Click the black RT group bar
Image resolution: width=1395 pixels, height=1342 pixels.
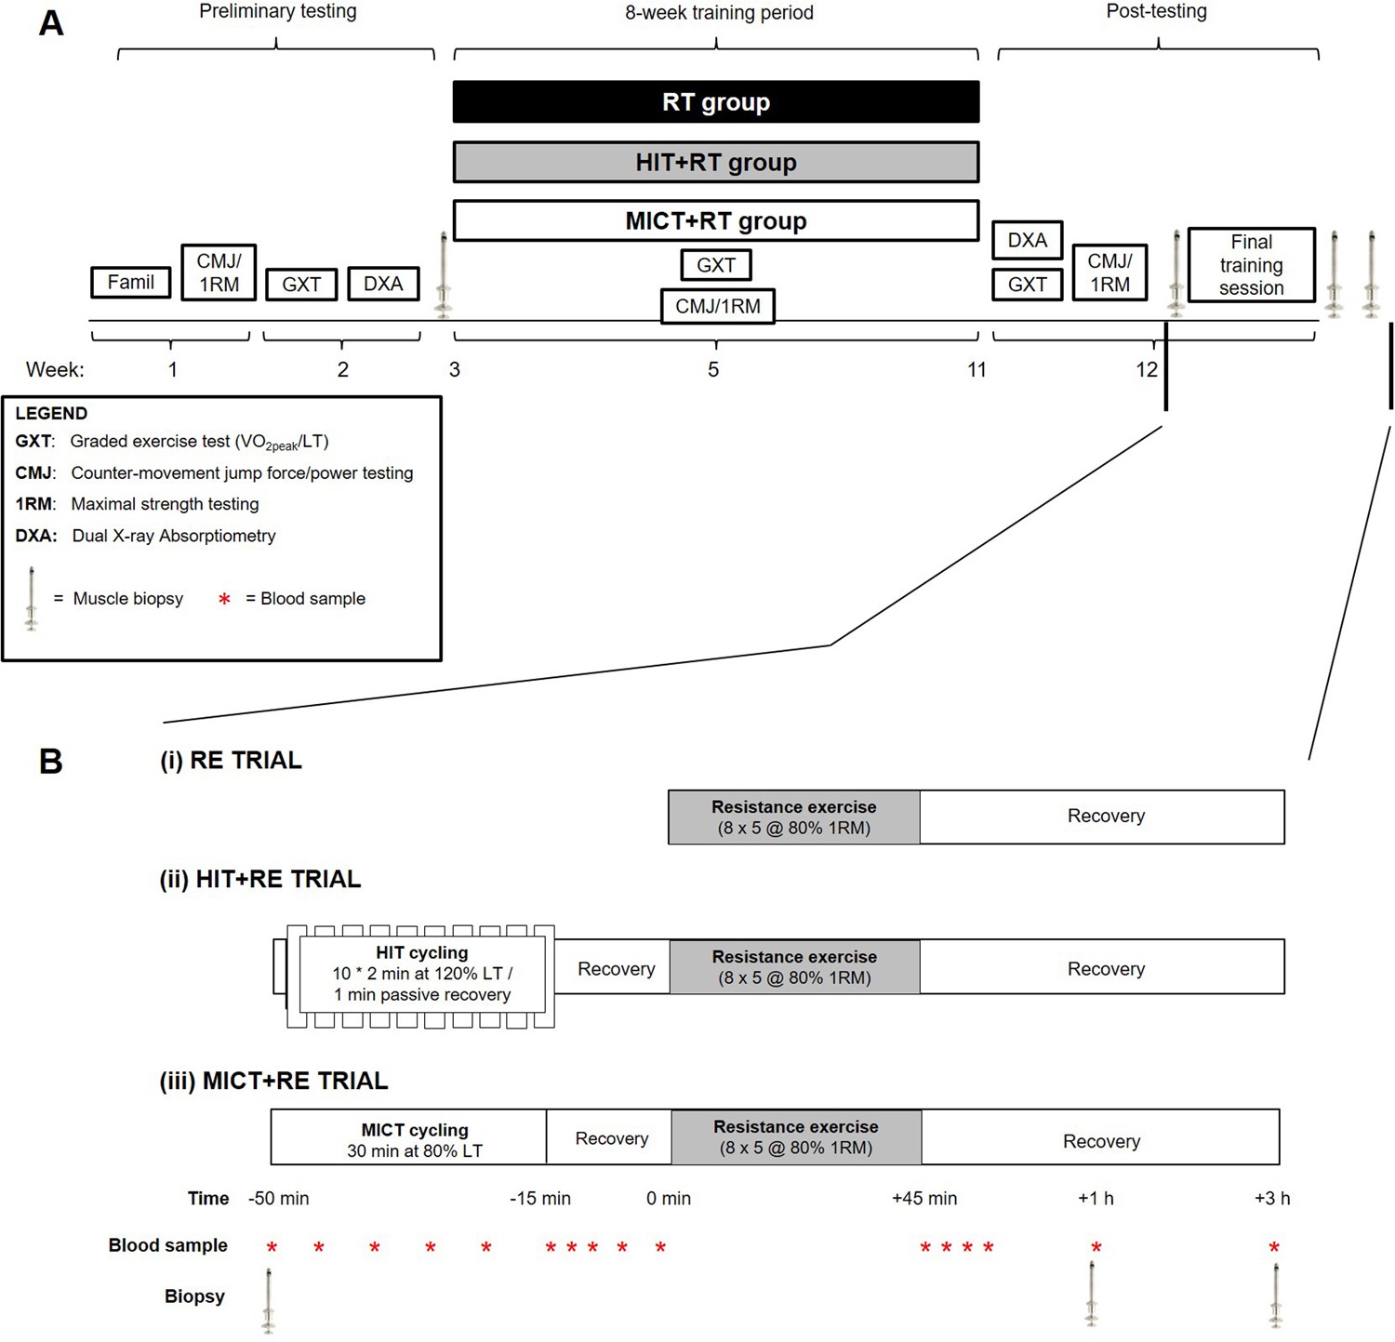[x=715, y=102]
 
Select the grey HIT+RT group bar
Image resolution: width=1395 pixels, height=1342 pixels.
[x=715, y=163]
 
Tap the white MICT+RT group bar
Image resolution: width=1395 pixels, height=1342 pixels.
[x=715, y=221]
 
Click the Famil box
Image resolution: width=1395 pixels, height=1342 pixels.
[x=131, y=283]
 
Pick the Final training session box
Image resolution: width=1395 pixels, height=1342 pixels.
[x=1251, y=265]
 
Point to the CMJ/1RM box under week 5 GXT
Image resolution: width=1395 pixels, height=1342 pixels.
[x=717, y=306]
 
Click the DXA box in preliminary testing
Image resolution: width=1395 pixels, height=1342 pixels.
[x=383, y=284]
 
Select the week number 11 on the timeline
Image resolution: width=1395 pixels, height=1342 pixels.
[x=976, y=370]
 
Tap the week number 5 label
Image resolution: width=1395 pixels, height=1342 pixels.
[x=713, y=370]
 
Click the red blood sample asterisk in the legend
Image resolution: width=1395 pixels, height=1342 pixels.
[x=224, y=600]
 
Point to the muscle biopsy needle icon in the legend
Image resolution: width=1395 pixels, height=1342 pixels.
[x=32, y=598]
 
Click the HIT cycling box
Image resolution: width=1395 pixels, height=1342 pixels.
[x=422, y=974]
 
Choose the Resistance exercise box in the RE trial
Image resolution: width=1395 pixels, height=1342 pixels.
[x=793, y=817]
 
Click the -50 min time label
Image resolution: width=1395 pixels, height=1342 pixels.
[x=278, y=1199]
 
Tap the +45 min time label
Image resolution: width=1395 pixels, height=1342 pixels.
[x=923, y=1199]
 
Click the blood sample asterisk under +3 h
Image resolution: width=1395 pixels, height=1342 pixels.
[x=1274, y=1247]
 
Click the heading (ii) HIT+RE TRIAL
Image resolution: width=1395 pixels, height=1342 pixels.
[x=259, y=880]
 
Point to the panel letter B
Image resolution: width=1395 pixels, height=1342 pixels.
[x=51, y=762]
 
